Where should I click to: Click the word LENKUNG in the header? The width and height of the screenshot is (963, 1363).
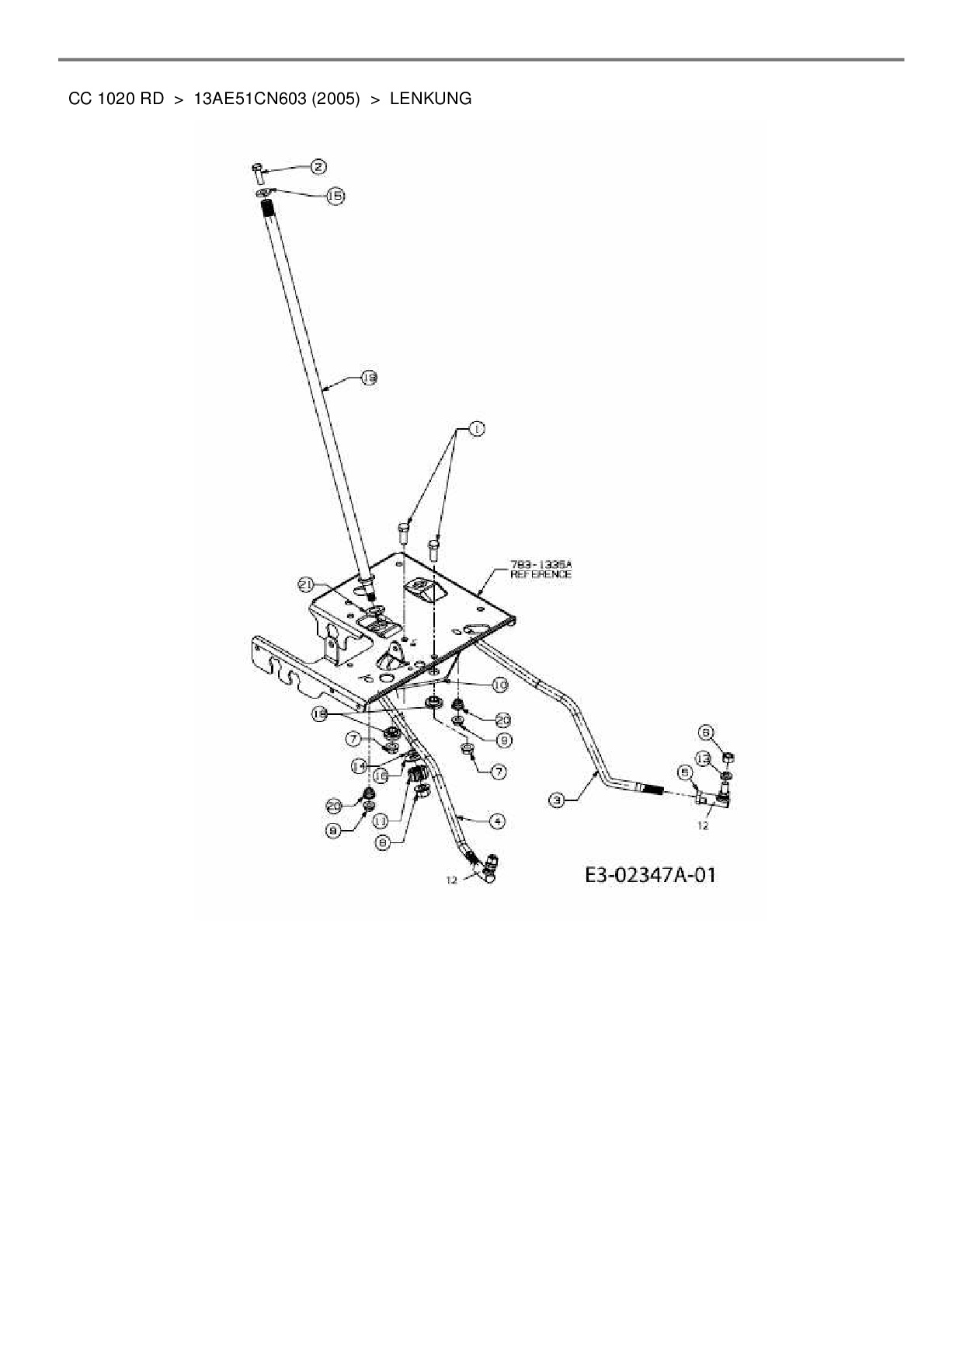tap(430, 99)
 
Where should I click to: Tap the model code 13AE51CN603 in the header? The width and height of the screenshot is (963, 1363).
tap(249, 99)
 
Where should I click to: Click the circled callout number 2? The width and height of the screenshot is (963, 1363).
tap(318, 166)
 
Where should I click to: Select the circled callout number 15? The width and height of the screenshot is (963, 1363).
tap(335, 197)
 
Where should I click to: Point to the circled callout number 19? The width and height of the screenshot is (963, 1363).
tap(369, 378)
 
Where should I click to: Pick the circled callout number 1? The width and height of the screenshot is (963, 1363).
tap(475, 428)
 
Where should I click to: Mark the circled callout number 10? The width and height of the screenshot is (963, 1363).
tap(499, 685)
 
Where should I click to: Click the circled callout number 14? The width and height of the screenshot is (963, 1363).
tap(358, 765)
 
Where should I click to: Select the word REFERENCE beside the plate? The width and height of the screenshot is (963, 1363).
tap(541, 574)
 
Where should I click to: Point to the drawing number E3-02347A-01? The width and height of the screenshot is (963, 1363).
tap(650, 875)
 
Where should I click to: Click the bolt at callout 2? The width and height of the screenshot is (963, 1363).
tap(259, 169)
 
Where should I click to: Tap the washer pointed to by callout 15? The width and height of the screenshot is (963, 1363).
tap(265, 193)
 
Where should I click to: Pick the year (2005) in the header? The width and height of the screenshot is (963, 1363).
tap(336, 99)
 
